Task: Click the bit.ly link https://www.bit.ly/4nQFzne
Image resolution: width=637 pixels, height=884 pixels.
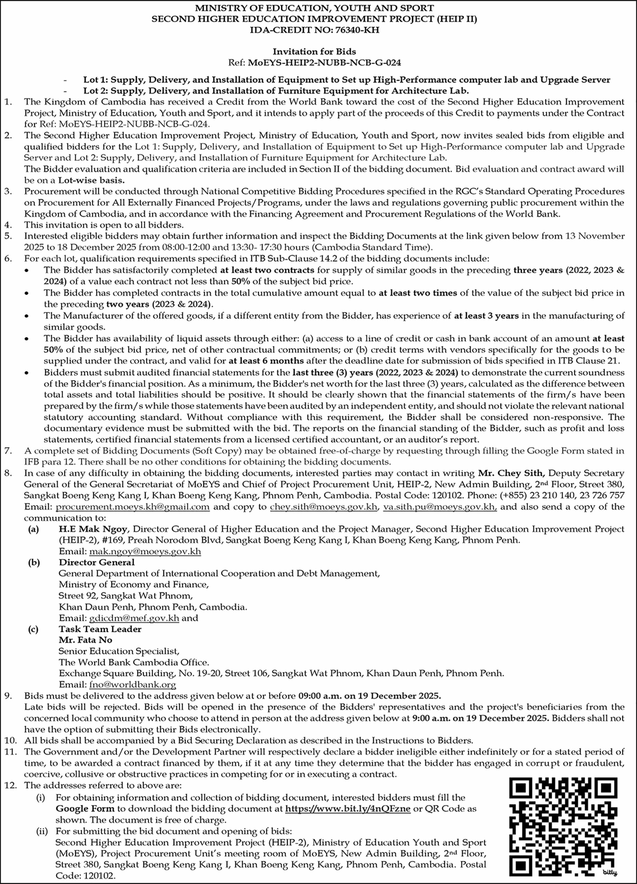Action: [348, 809]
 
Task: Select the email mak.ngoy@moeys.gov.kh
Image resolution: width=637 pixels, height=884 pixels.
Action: [145, 551]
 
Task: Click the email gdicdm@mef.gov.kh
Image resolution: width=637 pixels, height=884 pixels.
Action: [134, 618]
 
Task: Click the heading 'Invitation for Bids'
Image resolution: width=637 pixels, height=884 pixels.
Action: [314, 51]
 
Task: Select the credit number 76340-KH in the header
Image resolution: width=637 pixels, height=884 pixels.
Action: [357, 30]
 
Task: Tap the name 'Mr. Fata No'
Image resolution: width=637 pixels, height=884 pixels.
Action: [85, 640]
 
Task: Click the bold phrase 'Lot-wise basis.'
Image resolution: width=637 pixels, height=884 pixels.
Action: [92, 181]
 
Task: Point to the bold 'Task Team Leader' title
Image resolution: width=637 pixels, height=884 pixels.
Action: [100, 629]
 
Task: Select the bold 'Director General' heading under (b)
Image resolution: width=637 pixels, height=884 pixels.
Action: [96, 563]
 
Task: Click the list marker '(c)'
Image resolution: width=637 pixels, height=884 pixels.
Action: [33, 629]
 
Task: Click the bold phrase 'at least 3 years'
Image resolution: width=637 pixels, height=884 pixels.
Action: [486, 316]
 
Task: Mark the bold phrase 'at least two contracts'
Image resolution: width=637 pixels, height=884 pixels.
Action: [267, 270]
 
